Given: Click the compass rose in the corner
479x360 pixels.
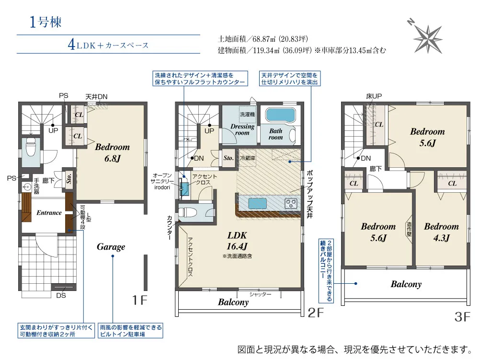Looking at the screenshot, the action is [428, 38].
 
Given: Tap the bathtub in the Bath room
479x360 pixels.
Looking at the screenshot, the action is [281, 115].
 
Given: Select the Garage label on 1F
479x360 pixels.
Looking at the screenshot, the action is [111, 247].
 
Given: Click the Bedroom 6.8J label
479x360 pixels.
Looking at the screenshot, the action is [113, 152].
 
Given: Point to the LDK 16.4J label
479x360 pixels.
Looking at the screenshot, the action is [237, 241].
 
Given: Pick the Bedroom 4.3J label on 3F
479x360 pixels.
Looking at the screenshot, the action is [442, 232].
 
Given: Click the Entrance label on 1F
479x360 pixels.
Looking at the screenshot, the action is [49, 213].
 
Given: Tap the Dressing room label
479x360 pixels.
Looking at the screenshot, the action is [242, 129].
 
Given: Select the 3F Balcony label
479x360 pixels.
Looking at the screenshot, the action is [406, 284].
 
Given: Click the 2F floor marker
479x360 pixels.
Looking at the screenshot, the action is [315, 313].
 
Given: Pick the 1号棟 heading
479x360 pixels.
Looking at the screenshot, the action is [45, 22].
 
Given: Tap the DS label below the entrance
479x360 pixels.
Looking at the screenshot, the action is [61, 295].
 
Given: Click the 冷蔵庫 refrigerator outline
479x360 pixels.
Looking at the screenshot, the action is [248, 158].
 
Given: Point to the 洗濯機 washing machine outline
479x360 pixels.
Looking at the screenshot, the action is [248, 115].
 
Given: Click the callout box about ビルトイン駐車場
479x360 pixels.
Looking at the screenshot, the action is [130, 331].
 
